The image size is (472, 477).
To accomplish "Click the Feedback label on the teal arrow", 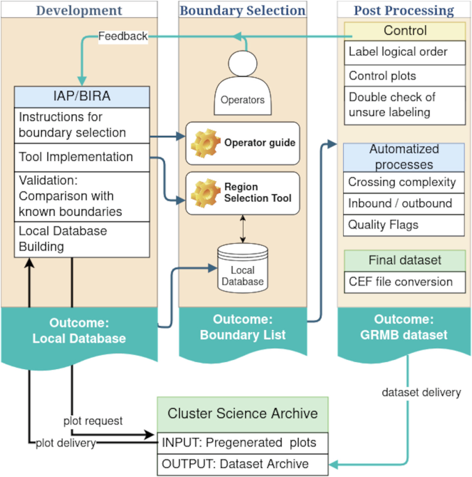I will (x=123, y=36).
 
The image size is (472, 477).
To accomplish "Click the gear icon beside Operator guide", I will (x=203, y=142).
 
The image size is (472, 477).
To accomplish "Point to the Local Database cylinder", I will (x=243, y=265).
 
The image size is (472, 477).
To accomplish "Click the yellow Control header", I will (x=405, y=31).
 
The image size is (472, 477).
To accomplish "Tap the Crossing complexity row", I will (x=403, y=182).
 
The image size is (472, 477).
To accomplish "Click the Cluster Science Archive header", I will (x=242, y=414).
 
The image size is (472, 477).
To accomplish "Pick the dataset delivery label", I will (x=421, y=392).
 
